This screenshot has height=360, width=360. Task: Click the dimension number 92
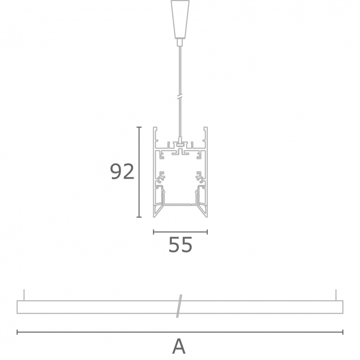pos(122,172)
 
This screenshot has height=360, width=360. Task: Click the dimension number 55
pos(180,245)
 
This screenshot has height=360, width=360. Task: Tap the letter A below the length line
pos(179,346)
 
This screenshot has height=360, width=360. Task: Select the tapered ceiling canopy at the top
pos(180,19)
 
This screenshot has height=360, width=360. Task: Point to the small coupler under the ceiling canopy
pos(180,42)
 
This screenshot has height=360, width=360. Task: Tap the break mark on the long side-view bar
pos(179,306)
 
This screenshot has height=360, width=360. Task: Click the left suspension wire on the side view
pos(24,295)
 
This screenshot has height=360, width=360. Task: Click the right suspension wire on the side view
pos(336,295)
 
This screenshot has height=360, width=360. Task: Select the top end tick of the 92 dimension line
pos(139,127)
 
